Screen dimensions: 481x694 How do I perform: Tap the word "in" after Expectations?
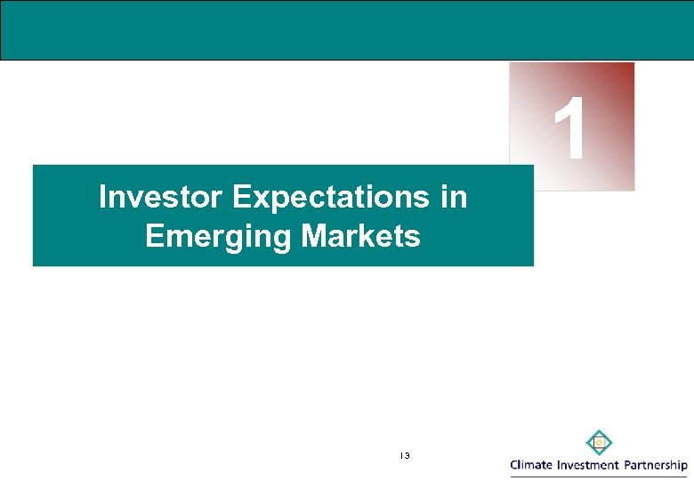453,197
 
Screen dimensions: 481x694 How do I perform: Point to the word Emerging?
218,237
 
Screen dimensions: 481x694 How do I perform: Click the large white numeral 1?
570,131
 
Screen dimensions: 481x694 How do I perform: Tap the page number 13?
404,456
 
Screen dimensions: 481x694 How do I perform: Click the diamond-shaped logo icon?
598,442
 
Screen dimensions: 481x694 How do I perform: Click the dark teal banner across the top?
347,29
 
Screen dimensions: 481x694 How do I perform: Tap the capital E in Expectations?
241,197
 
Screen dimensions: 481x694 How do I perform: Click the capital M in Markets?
311,237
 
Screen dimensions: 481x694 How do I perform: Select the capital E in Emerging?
152,237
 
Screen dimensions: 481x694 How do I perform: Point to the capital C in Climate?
515,464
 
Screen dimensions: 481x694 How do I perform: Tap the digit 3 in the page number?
407,456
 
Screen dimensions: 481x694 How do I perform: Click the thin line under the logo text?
598,475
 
